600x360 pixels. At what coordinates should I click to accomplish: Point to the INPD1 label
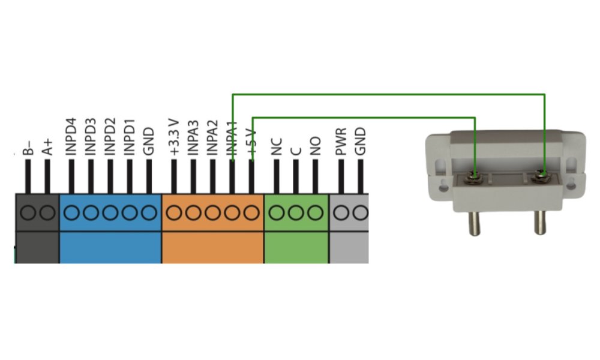coord(130,138)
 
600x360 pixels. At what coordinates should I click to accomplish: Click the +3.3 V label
coord(175,139)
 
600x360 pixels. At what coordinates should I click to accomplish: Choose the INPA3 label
coord(193,139)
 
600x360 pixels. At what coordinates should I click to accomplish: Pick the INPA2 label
coord(212,139)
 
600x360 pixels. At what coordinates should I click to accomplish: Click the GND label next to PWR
coord(360,142)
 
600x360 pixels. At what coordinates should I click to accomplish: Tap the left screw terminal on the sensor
coord(475,176)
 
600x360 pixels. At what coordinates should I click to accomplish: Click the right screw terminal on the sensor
coord(543,176)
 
